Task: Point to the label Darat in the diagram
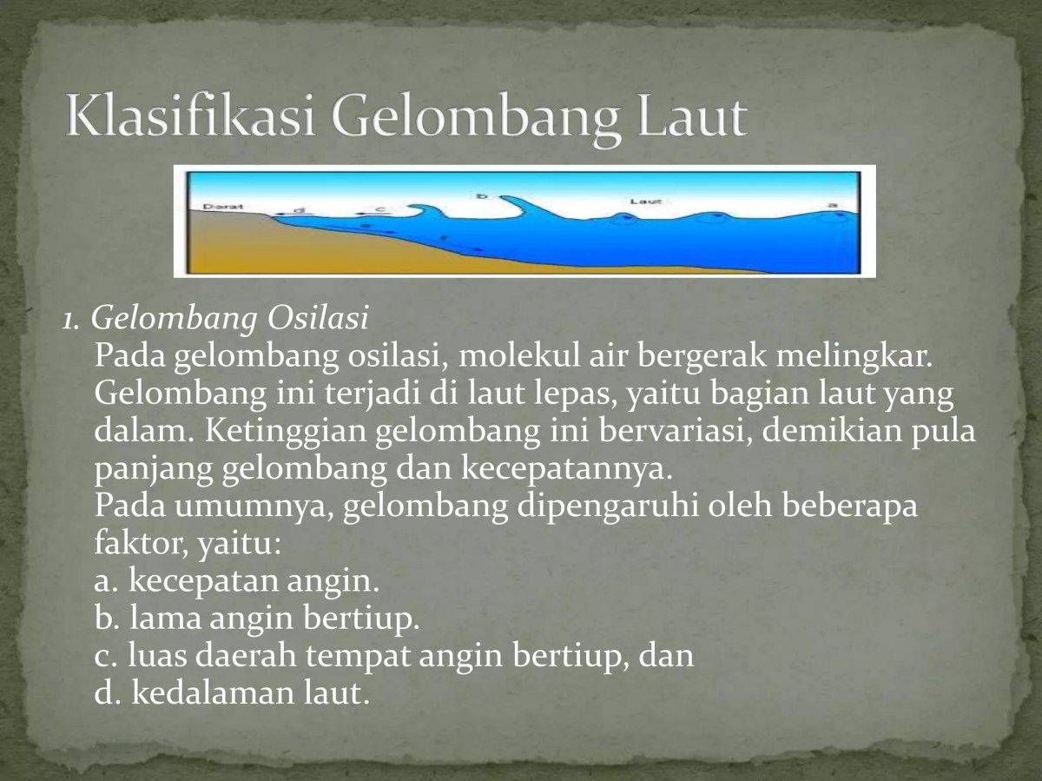218,207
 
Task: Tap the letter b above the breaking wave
483,196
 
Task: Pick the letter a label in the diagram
833,205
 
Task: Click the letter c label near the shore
379,208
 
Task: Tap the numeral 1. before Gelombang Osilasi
72,321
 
